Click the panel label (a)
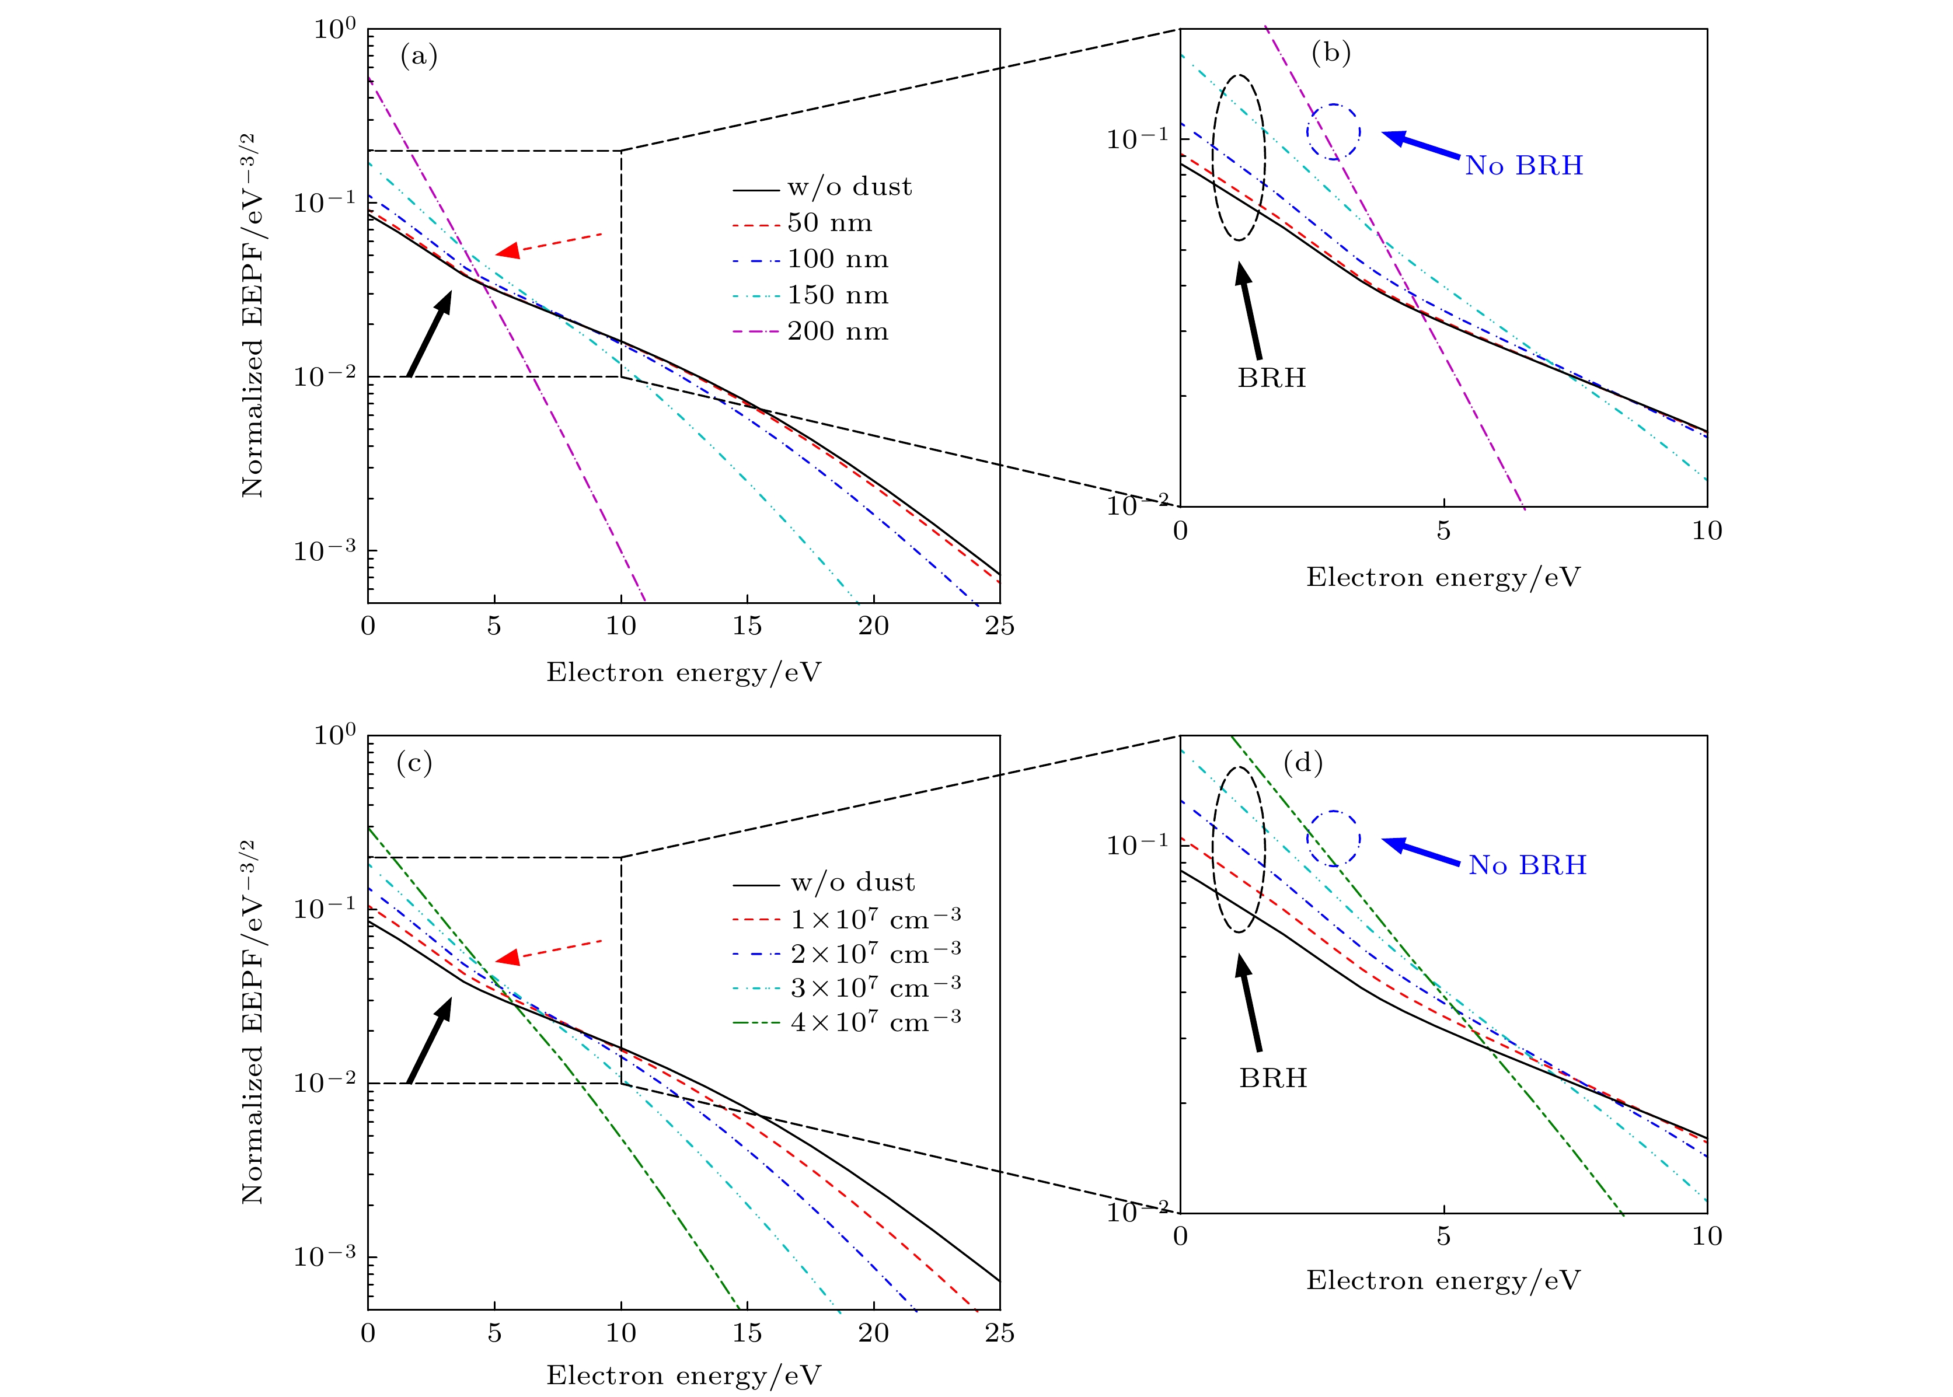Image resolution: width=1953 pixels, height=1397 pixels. pyautogui.click(x=419, y=57)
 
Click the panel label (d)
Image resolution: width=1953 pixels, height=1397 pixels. pyautogui.click(x=1303, y=763)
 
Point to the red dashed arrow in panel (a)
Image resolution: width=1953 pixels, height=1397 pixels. pyautogui.click(x=549, y=243)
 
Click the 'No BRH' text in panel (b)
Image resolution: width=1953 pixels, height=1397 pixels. pyautogui.click(x=1523, y=165)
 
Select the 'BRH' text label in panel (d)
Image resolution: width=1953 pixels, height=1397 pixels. pyautogui.click(x=1272, y=1078)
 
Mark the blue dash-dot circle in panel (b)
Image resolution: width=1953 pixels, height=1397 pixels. pyautogui.click(x=1334, y=132)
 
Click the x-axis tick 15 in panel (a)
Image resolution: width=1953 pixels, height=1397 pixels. pyautogui.click(x=747, y=626)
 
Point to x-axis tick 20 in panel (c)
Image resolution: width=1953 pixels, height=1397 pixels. pyautogui.click(x=873, y=1332)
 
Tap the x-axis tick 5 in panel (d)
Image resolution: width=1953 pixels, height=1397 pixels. pyautogui.click(x=1443, y=1236)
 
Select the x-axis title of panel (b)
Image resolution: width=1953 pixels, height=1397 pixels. pyautogui.click(x=1443, y=577)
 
